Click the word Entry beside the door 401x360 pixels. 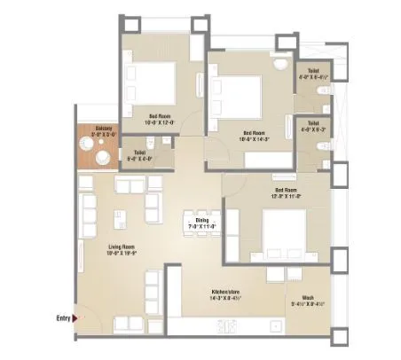click(x=62, y=317)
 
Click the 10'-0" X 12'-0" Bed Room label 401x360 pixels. click(x=161, y=117)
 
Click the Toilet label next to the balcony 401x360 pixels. click(x=140, y=153)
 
